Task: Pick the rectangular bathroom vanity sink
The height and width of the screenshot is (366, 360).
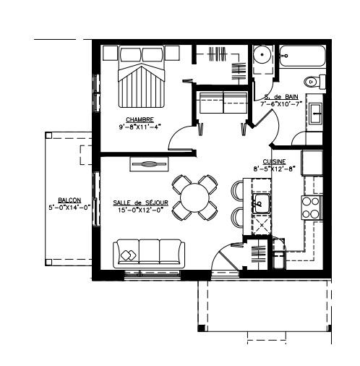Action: click(315, 113)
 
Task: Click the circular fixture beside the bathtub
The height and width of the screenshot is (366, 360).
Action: click(261, 56)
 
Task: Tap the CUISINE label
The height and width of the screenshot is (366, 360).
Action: click(274, 161)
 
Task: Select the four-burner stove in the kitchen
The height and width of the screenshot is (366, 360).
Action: click(311, 208)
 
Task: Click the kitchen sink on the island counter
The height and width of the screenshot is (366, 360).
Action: click(260, 203)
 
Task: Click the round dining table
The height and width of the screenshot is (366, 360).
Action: click(195, 197)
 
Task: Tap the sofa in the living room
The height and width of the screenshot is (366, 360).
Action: click(148, 254)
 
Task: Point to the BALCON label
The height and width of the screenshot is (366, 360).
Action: click(69, 200)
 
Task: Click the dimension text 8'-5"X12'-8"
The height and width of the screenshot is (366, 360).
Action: click(274, 169)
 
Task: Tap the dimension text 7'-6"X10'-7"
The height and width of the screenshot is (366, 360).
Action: click(281, 104)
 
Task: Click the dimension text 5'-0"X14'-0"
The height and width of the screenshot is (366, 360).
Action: click(69, 207)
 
